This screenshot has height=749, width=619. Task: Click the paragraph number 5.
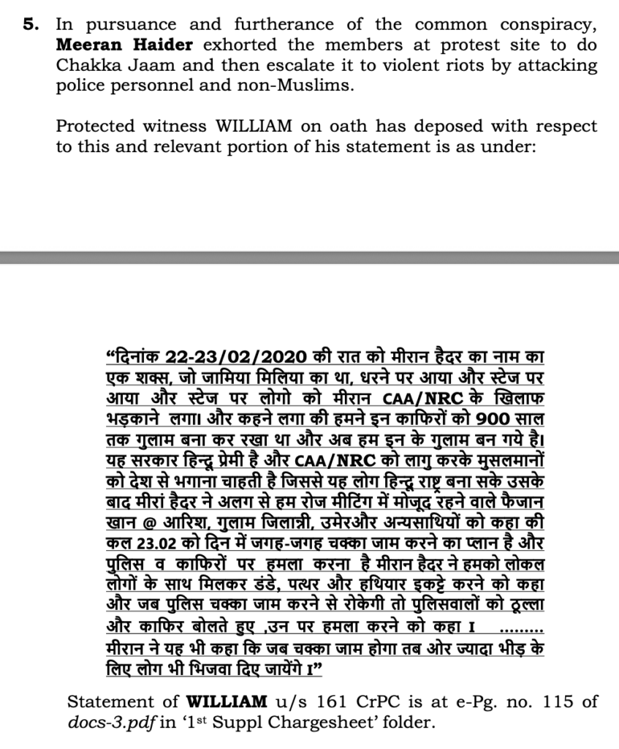[29, 23]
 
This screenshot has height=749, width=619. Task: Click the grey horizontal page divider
[309, 257]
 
